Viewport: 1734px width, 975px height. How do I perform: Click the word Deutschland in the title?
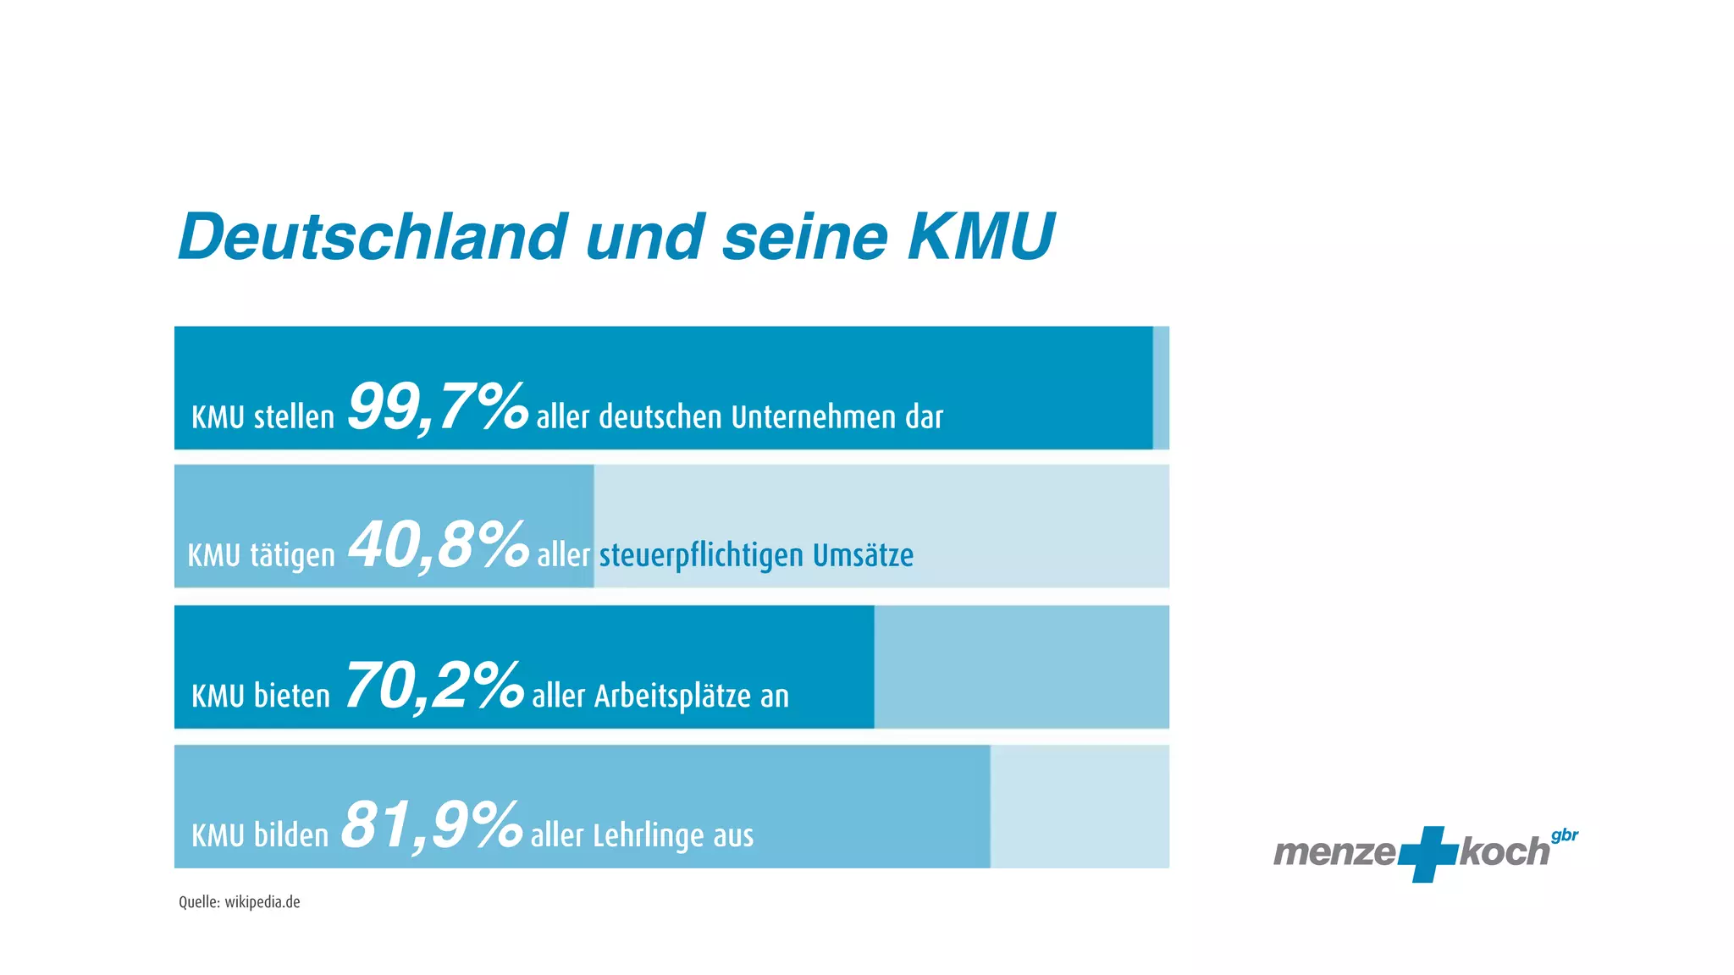coord(373,236)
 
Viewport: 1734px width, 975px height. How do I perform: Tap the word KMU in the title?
coord(980,236)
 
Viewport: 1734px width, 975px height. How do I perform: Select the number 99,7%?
coord(438,407)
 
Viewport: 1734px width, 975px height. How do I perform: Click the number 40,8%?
coord(439,545)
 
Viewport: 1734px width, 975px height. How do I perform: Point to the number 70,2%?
coord(434,686)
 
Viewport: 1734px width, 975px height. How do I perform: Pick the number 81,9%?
coord(432,825)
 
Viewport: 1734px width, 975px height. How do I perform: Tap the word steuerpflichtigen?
coord(701,556)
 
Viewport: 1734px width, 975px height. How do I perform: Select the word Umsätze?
coord(863,555)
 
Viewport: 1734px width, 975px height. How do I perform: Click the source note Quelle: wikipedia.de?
coord(240,902)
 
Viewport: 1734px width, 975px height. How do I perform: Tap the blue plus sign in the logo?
coord(1428,853)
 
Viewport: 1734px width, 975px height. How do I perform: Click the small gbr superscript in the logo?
coord(1565,836)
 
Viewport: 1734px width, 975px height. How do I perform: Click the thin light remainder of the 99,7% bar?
coord(1161,388)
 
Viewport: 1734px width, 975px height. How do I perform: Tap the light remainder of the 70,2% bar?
coord(1021,667)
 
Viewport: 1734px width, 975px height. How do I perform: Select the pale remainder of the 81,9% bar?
coord(1080,807)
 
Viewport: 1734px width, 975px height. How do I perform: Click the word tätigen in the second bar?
coord(292,556)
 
